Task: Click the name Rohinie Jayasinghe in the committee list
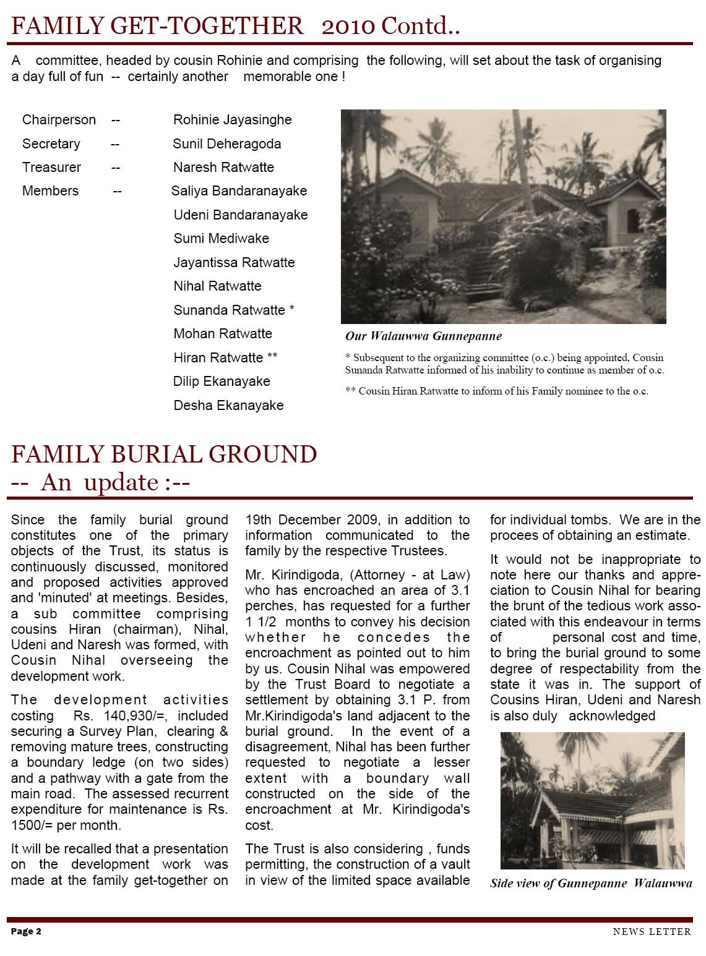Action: click(x=232, y=120)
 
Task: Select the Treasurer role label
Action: click(x=51, y=168)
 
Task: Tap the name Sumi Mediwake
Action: click(x=221, y=239)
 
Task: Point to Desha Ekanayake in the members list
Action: click(x=228, y=406)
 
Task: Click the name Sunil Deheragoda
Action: click(x=226, y=144)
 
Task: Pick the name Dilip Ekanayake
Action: click(x=222, y=382)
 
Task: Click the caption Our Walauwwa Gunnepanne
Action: click(x=423, y=336)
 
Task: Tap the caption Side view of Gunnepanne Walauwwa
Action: click(x=591, y=883)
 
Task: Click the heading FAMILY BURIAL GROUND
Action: click(x=164, y=455)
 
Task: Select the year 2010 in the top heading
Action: click(x=348, y=26)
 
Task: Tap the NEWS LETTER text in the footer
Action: click(x=652, y=932)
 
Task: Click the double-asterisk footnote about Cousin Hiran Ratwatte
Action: click(x=496, y=391)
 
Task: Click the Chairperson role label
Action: click(x=59, y=120)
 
